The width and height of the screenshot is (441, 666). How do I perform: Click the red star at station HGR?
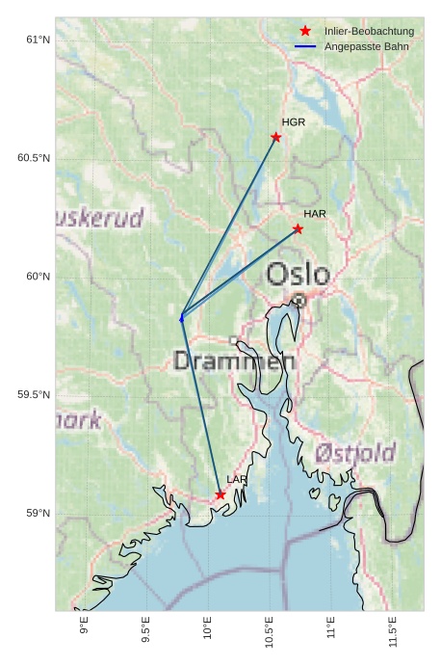click(276, 137)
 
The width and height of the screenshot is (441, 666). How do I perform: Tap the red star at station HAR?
click(298, 228)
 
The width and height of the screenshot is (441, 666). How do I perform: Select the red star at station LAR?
click(220, 494)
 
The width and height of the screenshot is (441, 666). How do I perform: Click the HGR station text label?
click(293, 122)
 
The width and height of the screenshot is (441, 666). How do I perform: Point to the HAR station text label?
click(315, 213)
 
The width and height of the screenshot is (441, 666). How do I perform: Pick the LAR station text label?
click(237, 479)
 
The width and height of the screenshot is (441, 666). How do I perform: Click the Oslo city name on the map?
click(298, 275)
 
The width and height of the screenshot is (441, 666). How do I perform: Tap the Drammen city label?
click(234, 361)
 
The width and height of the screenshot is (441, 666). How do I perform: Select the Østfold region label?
click(355, 452)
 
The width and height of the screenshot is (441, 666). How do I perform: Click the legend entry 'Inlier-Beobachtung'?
click(369, 31)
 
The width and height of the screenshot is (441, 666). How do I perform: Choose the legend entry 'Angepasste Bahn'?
click(366, 46)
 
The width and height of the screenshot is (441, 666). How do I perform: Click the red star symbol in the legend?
click(305, 31)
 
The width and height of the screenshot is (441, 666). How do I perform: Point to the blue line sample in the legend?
click(305, 46)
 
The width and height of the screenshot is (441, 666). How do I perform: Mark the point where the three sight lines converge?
click(181, 316)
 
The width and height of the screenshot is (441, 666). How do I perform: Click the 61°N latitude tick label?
click(38, 40)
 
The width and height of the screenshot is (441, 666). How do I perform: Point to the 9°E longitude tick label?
click(85, 626)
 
